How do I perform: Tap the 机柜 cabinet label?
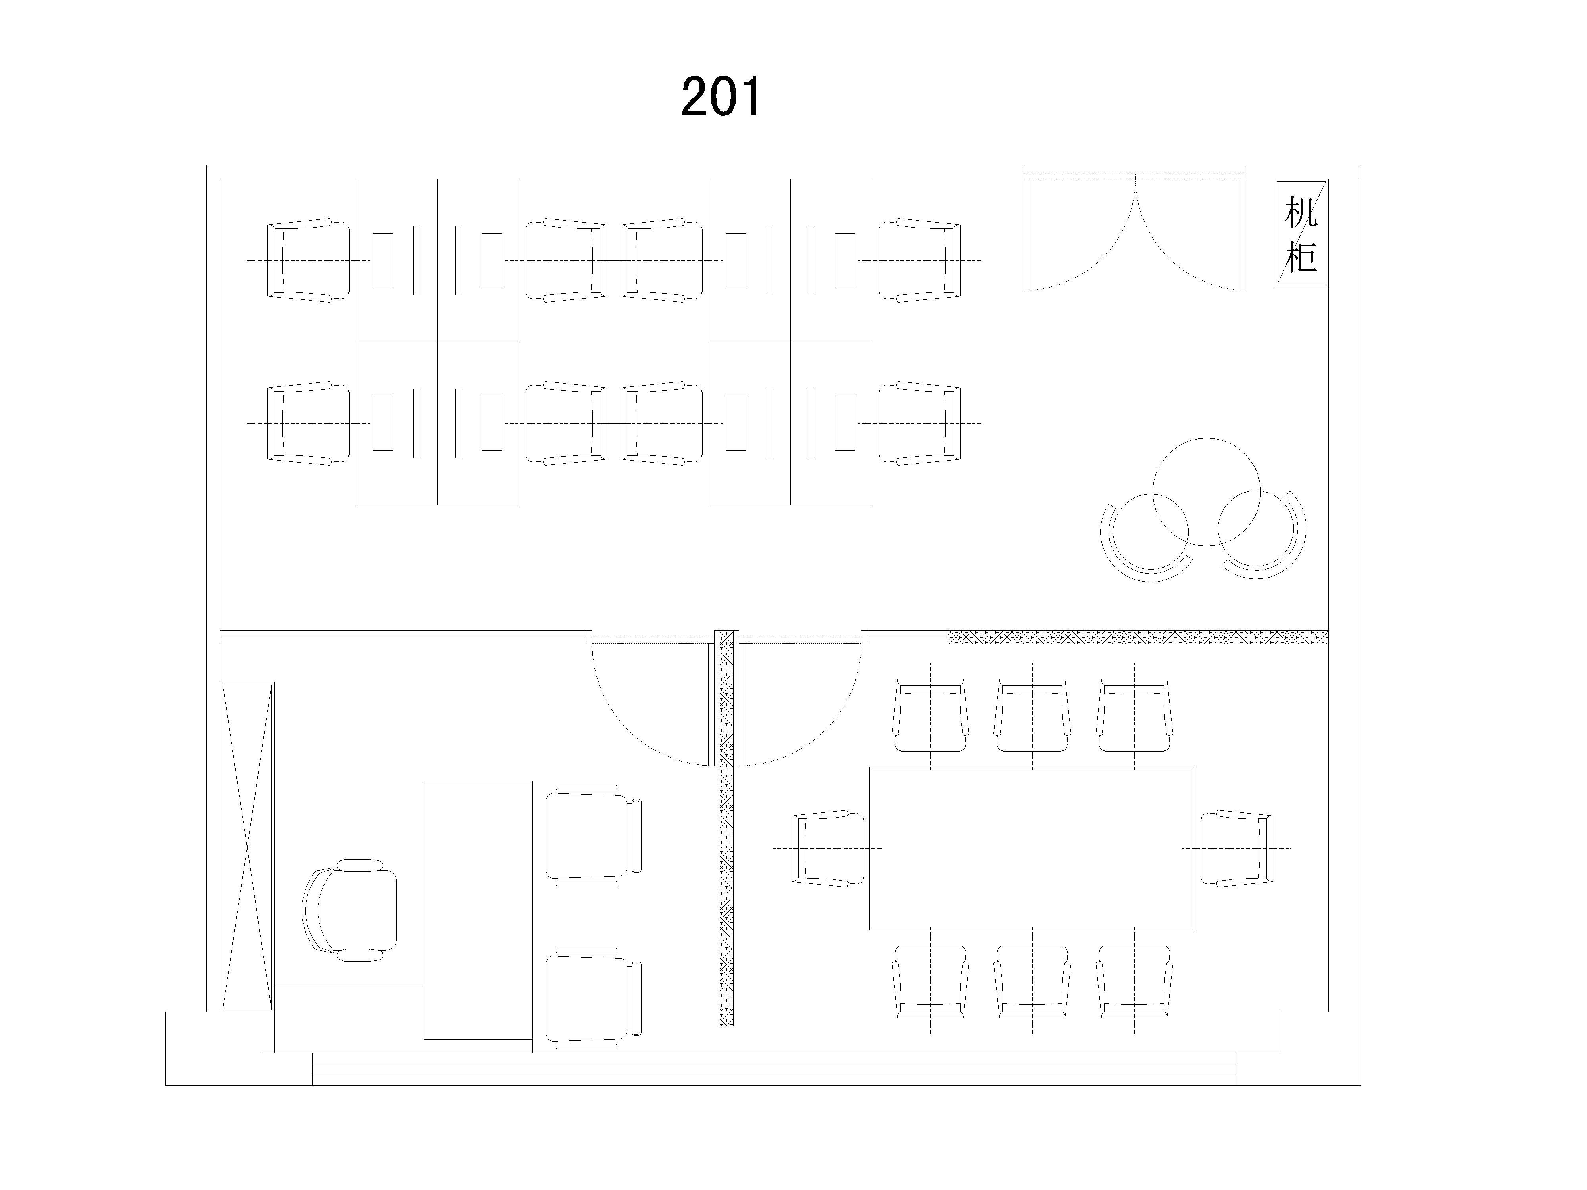click(x=1300, y=234)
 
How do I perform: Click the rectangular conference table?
click(x=1032, y=848)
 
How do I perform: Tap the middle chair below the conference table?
click(x=1032, y=982)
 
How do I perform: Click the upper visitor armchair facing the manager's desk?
click(x=593, y=836)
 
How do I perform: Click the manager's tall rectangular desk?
click(x=478, y=910)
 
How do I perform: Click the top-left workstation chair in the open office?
click(x=309, y=260)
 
